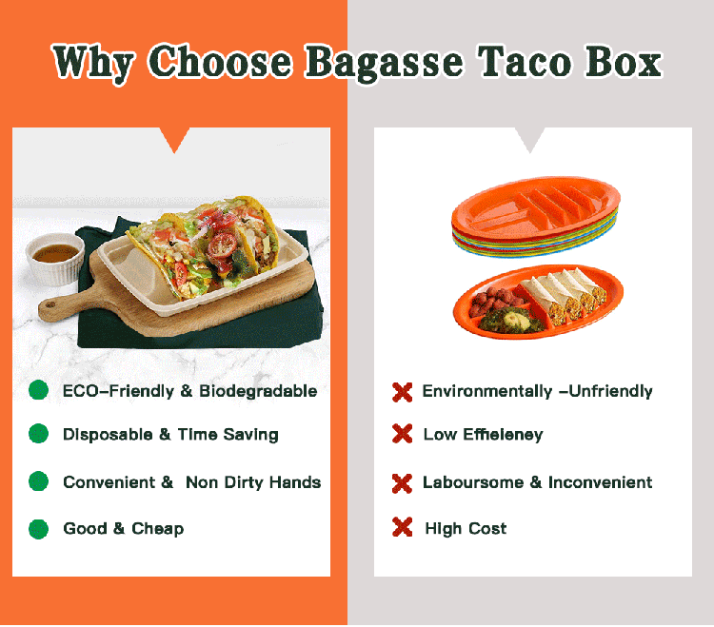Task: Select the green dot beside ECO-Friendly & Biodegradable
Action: click(39, 390)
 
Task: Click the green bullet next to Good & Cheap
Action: click(39, 528)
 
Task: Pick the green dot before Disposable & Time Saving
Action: click(39, 434)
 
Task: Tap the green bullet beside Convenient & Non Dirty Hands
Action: click(39, 481)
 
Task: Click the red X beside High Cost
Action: click(403, 527)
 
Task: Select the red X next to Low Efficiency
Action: click(403, 434)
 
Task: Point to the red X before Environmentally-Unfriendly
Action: click(403, 391)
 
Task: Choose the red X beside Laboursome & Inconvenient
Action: click(403, 482)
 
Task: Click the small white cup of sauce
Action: click(53, 259)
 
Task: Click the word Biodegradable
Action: click(258, 391)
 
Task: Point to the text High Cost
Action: click(466, 528)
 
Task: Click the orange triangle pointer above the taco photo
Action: click(173, 140)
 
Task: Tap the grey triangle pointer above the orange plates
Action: click(530, 140)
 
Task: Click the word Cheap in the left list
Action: click(158, 528)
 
